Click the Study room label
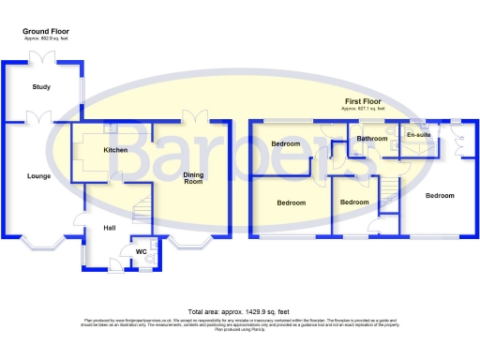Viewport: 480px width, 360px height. [40, 87]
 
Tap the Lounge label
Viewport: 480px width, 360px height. [38, 175]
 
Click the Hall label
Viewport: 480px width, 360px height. [109, 227]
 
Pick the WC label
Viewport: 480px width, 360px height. [142, 251]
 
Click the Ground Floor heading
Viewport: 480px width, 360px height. [46, 32]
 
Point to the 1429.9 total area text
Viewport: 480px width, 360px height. [239, 310]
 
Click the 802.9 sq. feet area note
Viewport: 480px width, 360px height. [46, 38]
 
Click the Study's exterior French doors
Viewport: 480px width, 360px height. [43, 58]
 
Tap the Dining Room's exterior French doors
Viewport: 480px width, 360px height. [195, 115]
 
